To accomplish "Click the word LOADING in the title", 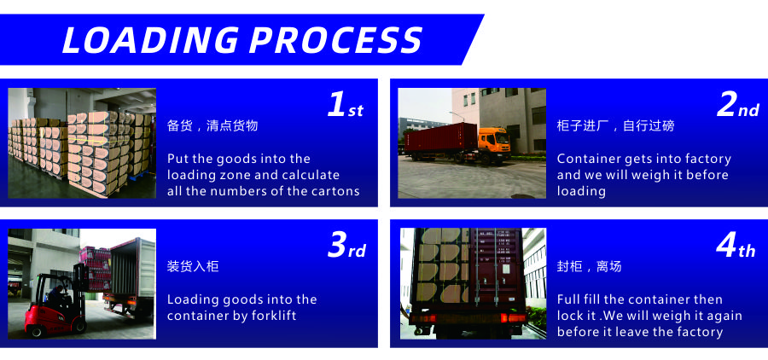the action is (150, 40).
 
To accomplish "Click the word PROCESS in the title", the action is (335, 40).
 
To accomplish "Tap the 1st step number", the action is (346, 105).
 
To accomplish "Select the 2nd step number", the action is (738, 105).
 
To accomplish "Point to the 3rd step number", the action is (346, 246).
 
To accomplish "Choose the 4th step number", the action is (736, 246).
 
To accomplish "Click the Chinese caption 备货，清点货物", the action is (212, 126).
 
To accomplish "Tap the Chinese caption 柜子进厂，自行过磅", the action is (615, 126).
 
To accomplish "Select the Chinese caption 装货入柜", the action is (193, 266).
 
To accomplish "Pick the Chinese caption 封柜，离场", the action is (589, 266).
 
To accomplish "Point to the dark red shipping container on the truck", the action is (441, 137).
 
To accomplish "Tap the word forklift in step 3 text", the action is (274, 316).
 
